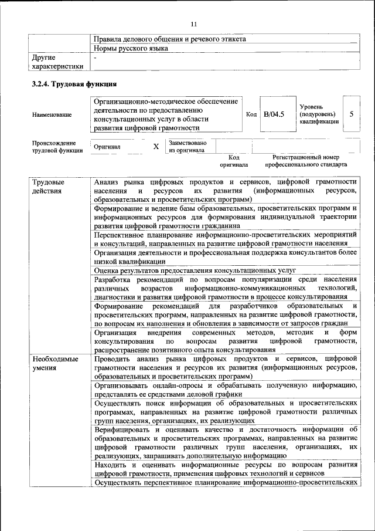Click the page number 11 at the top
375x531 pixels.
pyautogui.click(x=194, y=23)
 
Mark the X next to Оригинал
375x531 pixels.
pyautogui.click(x=156, y=147)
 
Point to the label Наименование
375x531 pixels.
pyautogui.click(x=52, y=114)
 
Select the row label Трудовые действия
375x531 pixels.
pyautogui.click(x=49, y=186)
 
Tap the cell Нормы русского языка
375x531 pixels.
pyautogui.click(x=131, y=48)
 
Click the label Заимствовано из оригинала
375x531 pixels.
pyautogui.click(x=187, y=146)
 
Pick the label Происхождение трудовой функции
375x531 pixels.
pyautogui.click(x=54, y=147)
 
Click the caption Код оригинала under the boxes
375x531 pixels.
pyautogui.click(x=234, y=161)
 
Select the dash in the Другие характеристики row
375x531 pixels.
pyautogui.click(x=96, y=58)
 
